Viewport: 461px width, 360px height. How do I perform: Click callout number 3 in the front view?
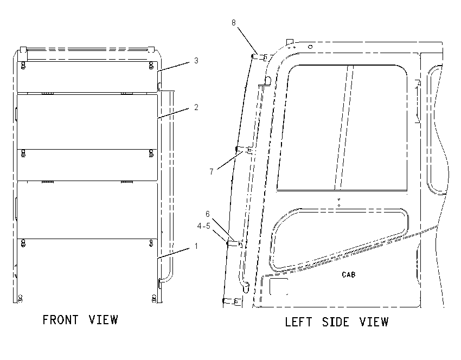(196, 61)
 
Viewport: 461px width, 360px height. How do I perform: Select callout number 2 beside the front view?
(196, 107)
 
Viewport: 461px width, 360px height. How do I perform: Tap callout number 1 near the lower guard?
(196, 246)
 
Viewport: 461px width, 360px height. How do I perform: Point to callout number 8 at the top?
(233, 23)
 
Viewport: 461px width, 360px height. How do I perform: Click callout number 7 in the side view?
(212, 171)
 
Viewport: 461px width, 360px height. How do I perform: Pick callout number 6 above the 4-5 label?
(208, 214)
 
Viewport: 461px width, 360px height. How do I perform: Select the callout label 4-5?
(204, 226)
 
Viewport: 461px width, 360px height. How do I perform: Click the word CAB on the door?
(349, 274)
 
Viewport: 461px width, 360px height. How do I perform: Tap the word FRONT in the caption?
(61, 320)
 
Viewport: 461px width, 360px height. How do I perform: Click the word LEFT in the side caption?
(298, 322)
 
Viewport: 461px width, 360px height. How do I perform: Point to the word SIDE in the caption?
(336, 322)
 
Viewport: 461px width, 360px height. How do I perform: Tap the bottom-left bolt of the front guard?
(20, 299)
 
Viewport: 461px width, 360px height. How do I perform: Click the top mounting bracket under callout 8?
(260, 57)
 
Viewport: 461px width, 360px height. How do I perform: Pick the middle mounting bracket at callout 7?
(244, 150)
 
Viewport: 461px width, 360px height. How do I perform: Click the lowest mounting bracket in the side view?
(232, 301)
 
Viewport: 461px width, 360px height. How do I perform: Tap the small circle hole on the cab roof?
(310, 47)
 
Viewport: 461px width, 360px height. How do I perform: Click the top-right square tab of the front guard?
(151, 49)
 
